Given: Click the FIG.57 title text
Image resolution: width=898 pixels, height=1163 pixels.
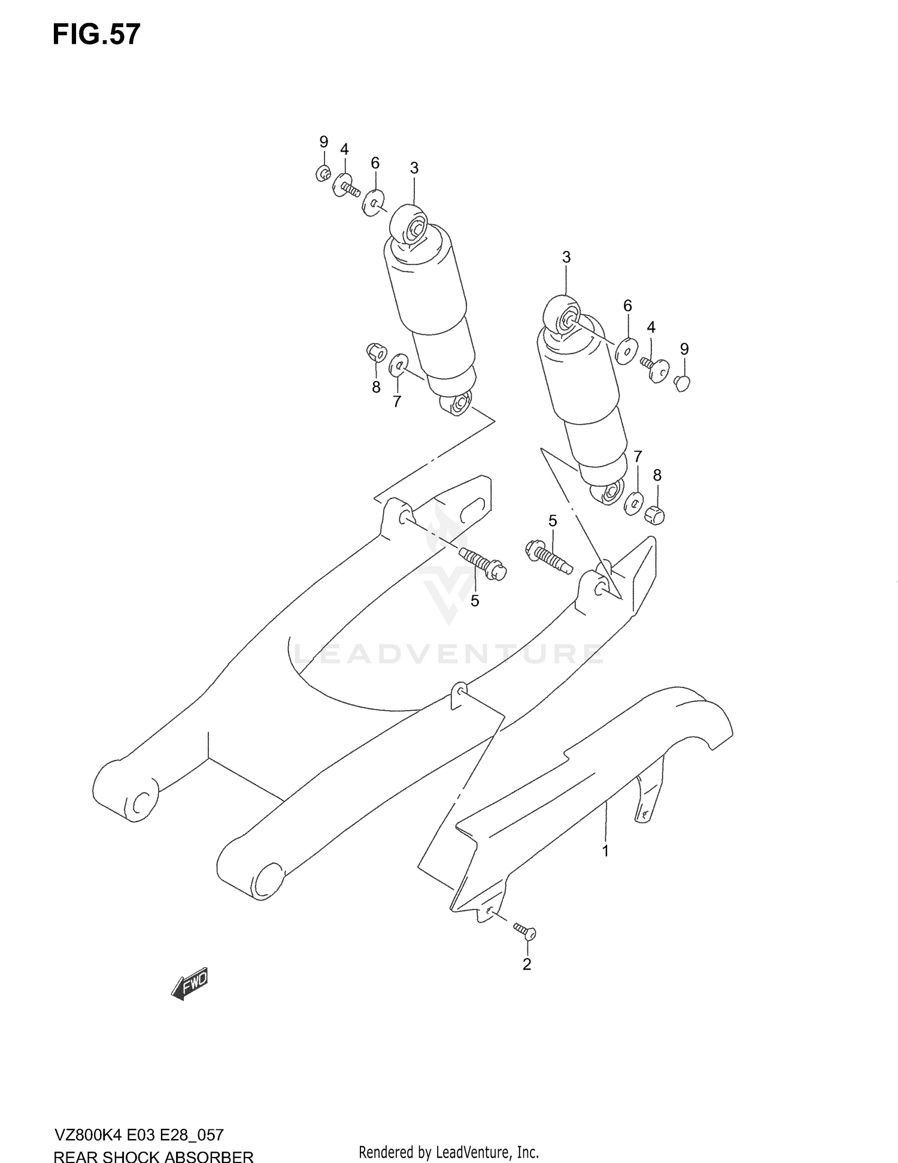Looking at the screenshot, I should click(x=96, y=35).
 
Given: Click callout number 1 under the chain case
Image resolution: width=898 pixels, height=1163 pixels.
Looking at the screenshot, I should click(x=605, y=851).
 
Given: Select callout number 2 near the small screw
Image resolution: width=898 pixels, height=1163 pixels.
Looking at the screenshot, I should click(x=527, y=964).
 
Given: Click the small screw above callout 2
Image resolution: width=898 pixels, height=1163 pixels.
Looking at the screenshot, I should click(x=525, y=931).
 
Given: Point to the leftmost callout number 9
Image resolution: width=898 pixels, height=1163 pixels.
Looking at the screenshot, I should click(x=323, y=142).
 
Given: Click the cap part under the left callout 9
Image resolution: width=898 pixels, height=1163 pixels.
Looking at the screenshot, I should click(x=323, y=174).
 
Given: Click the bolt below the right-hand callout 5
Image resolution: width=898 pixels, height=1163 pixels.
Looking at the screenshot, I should click(x=548, y=556).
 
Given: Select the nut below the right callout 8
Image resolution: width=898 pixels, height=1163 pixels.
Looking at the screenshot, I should click(x=655, y=513).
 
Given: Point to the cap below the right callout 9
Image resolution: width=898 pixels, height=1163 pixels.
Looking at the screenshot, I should click(x=682, y=383).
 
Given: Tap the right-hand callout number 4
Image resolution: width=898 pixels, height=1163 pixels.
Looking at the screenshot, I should click(x=651, y=327).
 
